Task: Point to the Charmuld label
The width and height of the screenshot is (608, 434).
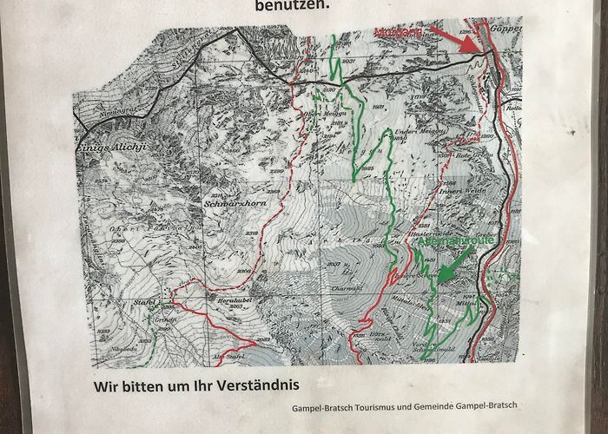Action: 345,289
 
